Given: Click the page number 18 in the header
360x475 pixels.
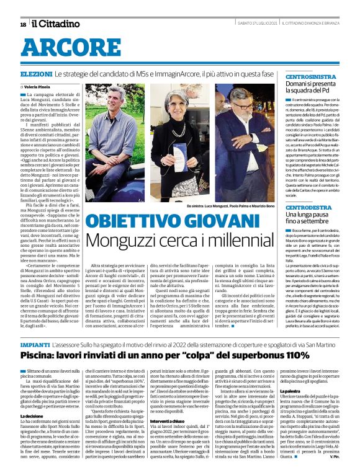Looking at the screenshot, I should click(23, 24).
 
